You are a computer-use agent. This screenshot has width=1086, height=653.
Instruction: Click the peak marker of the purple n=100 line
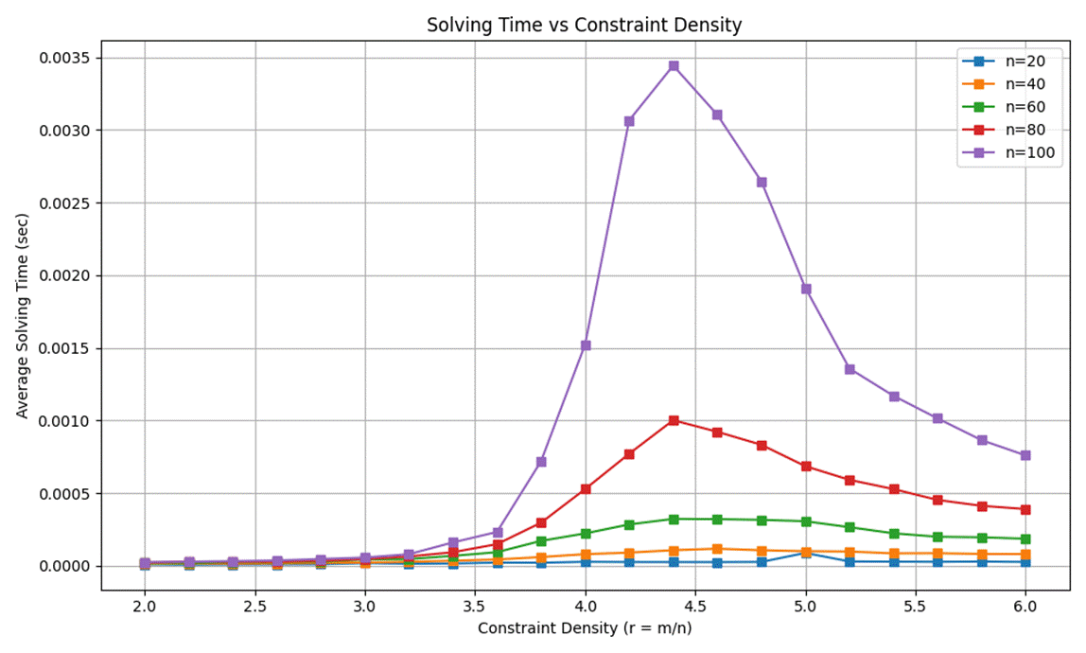(674, 66)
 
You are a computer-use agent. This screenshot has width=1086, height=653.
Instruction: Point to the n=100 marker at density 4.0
(586, 345)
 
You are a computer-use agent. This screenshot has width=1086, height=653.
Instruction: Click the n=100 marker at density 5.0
(806, 289)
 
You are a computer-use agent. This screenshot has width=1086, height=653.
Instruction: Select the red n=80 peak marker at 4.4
(674, 420)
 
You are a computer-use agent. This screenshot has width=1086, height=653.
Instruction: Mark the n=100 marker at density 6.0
(1025, 455)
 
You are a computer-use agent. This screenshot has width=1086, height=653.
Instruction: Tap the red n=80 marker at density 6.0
(1025, 509)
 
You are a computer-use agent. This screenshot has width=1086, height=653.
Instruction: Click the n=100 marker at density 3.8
(541, 462)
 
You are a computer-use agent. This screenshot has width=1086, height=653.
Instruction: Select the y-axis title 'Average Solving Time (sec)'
(23, 312)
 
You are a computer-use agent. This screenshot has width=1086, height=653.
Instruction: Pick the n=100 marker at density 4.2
(629, 121)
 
